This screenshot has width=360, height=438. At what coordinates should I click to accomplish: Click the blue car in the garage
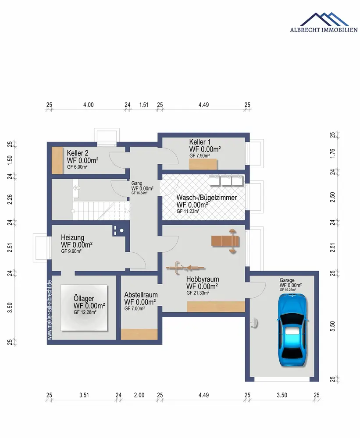coord(292,331)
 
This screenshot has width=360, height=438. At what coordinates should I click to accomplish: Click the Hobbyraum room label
coord(202,279)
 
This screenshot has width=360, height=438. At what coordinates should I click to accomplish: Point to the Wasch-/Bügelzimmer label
coord(207,198)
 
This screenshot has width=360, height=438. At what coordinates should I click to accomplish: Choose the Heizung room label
coord(72,238)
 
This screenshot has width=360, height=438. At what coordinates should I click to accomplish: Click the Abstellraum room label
coord(141,295)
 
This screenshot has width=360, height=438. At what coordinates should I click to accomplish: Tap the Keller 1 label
coord(200,142)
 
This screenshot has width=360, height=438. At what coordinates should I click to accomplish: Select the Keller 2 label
coord(78,153)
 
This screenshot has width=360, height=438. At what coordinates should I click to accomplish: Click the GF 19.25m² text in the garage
coord(288,290)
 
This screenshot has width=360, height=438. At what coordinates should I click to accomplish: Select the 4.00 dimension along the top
coord(88,105)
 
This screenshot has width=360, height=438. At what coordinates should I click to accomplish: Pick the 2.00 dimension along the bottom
coord(139,395)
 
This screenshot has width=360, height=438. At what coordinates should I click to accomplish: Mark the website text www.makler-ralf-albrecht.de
coord(49,310)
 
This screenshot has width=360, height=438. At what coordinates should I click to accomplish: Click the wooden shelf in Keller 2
coord(57,161)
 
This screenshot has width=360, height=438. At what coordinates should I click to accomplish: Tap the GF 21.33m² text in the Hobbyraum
coord(199,293)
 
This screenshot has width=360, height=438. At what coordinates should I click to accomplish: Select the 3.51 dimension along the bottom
coord(84,395)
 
